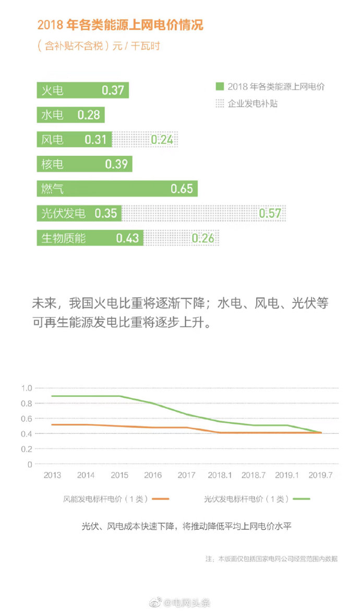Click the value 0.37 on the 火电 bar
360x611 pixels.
(x=113, y=90)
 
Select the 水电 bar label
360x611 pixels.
(x=52, y=115)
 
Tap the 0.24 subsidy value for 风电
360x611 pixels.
(x=162, y=140)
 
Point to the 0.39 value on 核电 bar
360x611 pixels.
(x=116, y=164)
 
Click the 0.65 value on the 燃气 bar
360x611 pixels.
(x=182, y=189)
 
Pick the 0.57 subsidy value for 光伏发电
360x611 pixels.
(x=270, y=213)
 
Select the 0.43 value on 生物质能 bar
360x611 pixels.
(x=127, y=238)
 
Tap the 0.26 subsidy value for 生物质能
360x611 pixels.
(x=203, y=238)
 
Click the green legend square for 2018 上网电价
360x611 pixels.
(x=220, y=87)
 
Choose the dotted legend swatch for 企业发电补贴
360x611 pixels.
(x=220, y=103)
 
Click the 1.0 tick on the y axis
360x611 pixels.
(x=27, y=388)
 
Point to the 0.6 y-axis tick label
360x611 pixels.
(x=27, y=419)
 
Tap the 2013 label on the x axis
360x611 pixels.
(x=52, y=475)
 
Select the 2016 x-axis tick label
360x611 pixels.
(x=153, y=475)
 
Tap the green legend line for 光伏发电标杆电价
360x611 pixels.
(x=301, y=499)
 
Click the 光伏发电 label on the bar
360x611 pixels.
(x=63, y=213)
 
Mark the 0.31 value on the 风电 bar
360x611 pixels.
(x=95, y=140)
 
